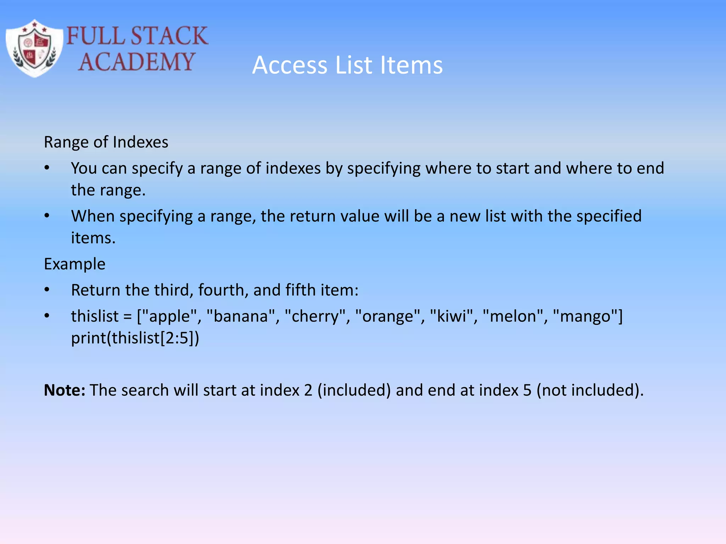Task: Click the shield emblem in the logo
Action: pos(34,49)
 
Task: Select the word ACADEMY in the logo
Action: pos(136,62)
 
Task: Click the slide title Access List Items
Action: pos(347,65)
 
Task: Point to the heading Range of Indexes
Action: pos(106,142)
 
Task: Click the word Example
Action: pos(74,264)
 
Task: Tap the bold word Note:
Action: pos(65,390)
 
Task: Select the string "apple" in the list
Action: pos(169,316)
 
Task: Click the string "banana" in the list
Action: pos(241,316)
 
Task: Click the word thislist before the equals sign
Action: pos(95,316)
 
